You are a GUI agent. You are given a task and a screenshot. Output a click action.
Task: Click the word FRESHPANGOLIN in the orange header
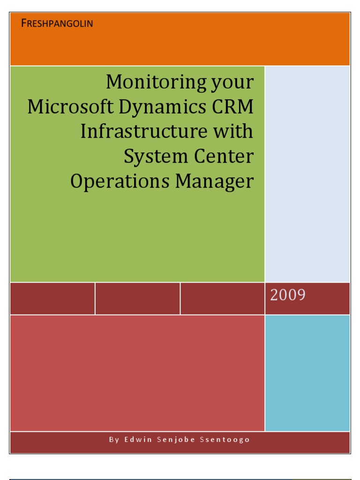point(57,23)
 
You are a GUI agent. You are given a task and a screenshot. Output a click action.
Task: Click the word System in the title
point(152,157)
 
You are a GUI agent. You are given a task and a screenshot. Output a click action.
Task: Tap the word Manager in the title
point(215,182)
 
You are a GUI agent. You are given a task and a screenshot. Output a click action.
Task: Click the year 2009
point(287,295)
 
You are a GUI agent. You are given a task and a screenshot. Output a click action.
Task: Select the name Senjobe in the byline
point(179,440)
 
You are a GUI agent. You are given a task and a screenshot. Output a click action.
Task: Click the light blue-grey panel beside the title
point(307,173)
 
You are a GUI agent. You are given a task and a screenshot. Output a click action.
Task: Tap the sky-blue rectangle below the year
point(307,373)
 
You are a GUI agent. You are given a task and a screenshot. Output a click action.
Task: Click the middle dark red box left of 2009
point(137,298)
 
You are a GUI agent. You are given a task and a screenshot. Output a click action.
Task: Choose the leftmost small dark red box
point(52,298)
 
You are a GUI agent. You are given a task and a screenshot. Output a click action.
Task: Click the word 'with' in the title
point(234,131)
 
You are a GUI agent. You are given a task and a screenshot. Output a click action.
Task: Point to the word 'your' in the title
point(233,83)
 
